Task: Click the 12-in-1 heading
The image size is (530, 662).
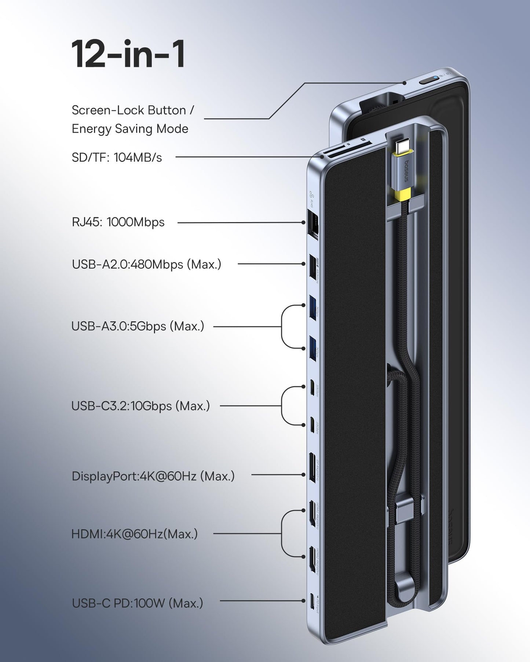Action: coord(128,55)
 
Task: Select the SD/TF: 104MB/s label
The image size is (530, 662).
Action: coord(117,157)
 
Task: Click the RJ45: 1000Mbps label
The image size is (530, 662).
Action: coord(118,222)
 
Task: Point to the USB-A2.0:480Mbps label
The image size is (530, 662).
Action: coord(146,264)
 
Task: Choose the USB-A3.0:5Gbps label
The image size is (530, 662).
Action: coord(138,326)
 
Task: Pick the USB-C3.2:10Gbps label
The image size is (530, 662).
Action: coord(140,406)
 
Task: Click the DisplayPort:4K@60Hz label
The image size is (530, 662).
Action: coord(153,476)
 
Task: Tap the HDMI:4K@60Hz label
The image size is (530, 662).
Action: coord(134,534)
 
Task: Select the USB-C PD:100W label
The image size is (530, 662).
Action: coord(137,603)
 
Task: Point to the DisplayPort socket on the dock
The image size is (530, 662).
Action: coord(313,467)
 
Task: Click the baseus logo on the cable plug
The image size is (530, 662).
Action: coord(405,170)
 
